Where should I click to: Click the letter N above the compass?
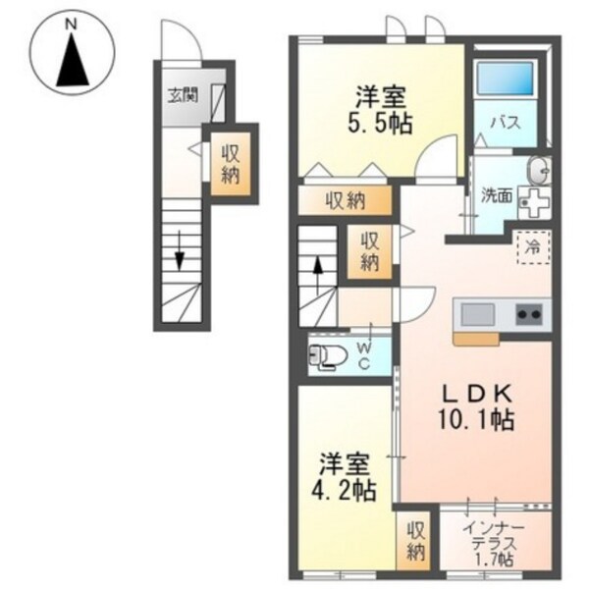(x=71, y=22)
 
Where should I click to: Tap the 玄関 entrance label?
(x=181, y=95)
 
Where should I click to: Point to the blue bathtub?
(x=506, y=80)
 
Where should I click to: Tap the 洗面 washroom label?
(x=495, y=194)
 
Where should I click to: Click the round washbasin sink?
(x=538, y=171)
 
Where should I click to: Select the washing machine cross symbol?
(x=534, y=203)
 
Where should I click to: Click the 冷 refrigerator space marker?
(x=533, y=247)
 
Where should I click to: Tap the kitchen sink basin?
(x=478, y=314)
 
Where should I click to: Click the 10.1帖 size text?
(x=458, y=419)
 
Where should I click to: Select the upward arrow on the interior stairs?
(x=318, y=266)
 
